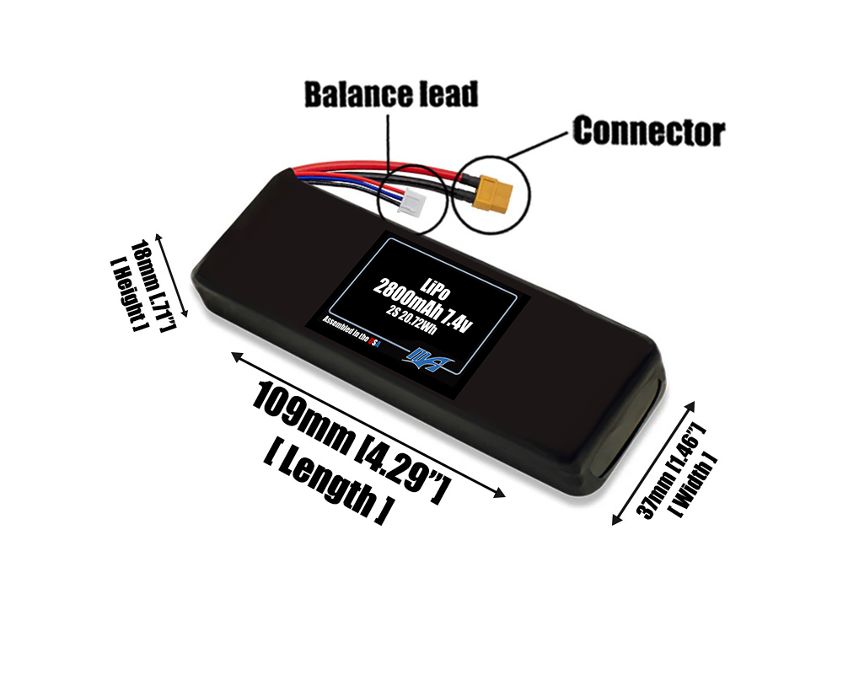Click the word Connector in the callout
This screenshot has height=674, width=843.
[648, 131]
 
